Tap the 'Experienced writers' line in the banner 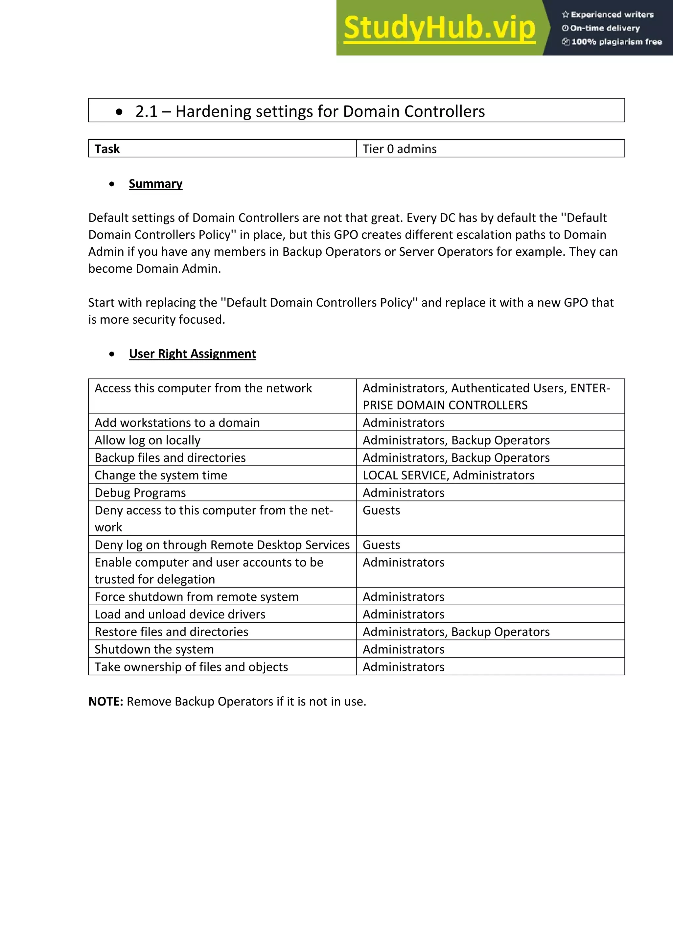pyautogui.click(x=608, y=14)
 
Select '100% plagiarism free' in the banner pyautogui.click(x=612, y=41)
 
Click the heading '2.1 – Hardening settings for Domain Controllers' pyautogui.click(x=310, y=111)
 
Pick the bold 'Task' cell pyautogui.click(x=107, y=149)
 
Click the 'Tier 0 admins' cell pyautogui.click(x=399, y=149)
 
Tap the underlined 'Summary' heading pyautogui.click(x=155, y=184)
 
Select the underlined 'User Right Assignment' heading pyautogui.click(x=193, y=354)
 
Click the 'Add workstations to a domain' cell pyautogui.click(x=177, y=423)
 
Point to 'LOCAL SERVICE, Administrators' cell pyautogui.click(x=448, y=475)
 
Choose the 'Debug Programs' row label pyautogui.click(x=140, y=493)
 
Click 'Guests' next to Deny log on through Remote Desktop pyautogui.click(x=381, y=545)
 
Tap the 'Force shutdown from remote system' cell pyautogui.click(x=197, y=597)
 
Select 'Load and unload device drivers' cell pyautogui.click(x=180, y=615)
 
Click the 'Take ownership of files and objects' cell pyautogui.click(x=191, y=667)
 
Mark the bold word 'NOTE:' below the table pyautogui.click(x=106, y=702)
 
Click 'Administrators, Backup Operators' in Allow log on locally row pyautogui.click(x=456, y=440)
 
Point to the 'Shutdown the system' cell pyautogui.click(x=154, y=649)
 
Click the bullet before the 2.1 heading pyautogui.click(x=119, y=111)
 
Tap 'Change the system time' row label pyautogui.click(x=161, y=475)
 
